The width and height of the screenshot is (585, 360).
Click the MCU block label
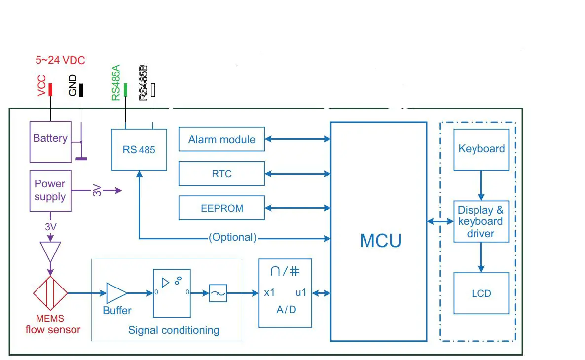coord(380,240)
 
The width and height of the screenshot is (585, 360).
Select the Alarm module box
coord(221,140)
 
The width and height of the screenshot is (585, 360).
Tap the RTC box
coord(221,174)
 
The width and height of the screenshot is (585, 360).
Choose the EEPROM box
coord(221,208)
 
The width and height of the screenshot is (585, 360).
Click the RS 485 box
coord(139,149)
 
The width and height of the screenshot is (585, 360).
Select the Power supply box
coord(50,190)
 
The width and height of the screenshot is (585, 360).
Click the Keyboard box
coord(481,149)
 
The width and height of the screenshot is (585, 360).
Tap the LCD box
coord(481,293)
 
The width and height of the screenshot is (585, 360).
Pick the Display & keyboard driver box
coord(481,221)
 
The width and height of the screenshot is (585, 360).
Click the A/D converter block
coord(286,293)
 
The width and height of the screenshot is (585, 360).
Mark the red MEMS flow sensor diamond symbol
coord(50,293)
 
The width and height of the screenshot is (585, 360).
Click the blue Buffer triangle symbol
coord(116,293)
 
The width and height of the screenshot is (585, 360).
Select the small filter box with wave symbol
coord(218,293)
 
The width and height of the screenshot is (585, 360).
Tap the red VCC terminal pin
coord(50,89)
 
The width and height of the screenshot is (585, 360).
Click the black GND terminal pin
coord(81,90)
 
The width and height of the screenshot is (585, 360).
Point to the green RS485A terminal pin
coord(125,90)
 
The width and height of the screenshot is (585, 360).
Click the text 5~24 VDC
coord(60,60)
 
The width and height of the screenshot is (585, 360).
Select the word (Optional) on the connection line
coord(232,237)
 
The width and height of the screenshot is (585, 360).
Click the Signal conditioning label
coord(174,330)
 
